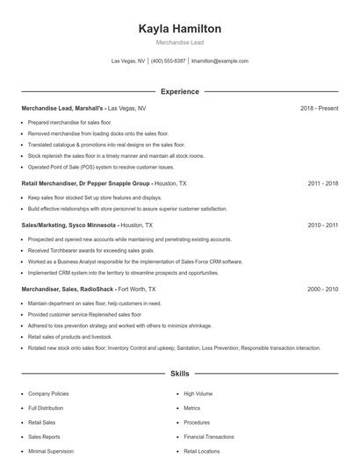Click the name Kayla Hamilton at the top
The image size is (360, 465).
(x=179, y=29)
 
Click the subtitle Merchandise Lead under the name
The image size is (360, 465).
(x=179, y=43)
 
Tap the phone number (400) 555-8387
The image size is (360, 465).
(x=169, y=61)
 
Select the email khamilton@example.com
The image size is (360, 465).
(x=220, y=61)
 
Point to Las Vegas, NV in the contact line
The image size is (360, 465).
(x=128, y=61)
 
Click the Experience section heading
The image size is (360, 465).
(x=179, y=91)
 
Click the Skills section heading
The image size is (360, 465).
(x=179, y=374)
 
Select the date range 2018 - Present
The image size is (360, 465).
(x=319, y=108)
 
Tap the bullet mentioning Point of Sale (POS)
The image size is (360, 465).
(x=101, y=167)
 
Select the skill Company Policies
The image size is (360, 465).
(x=48, y=395)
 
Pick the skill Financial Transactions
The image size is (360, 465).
(x=209, y=436)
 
